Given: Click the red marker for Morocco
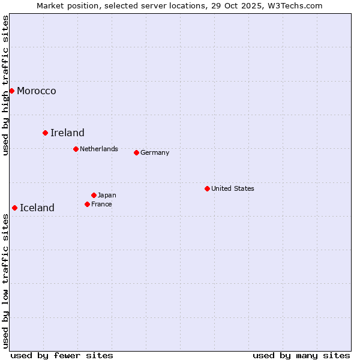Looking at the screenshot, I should coord(11,91).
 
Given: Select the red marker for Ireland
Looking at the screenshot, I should coord(45,133).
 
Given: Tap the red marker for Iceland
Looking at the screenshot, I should coord(14,208).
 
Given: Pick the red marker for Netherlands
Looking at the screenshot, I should coord(76,149).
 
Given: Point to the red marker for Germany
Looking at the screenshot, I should coord(136,152).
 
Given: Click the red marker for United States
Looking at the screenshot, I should coord(207,188).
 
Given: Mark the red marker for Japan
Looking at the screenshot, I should coord(94,195).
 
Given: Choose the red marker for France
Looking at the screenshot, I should coord(87,204).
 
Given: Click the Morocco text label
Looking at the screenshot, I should coord(37,91).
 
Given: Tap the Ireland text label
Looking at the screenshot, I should coord(67,133).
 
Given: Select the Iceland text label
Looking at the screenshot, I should coord(37,208).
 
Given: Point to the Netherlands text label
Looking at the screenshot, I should coord(99,149).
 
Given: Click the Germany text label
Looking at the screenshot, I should coord(155,152).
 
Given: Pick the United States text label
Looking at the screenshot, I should coord(233,188).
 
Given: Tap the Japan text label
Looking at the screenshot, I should coord(107,195).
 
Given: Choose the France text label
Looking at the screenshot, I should coord(101,204).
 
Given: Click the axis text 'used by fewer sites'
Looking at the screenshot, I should coord(62,355).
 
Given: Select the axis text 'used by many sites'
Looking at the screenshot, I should coord(301,355).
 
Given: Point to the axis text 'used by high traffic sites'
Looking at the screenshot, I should coord(6,85).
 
